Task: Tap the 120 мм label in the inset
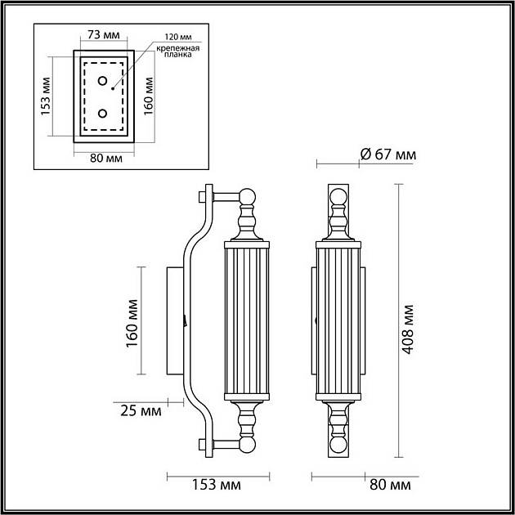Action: click(178, 38)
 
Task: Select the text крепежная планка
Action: click(178, 53)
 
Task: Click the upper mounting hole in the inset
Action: click(103, 81)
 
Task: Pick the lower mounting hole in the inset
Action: click(103, 113)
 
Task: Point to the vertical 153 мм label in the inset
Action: click(46, 96)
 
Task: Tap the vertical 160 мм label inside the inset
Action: click(149, 96)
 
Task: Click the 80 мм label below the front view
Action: click(390, 486)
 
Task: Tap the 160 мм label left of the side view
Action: click(130, 322)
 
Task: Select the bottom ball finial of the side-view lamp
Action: click(248, 445)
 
